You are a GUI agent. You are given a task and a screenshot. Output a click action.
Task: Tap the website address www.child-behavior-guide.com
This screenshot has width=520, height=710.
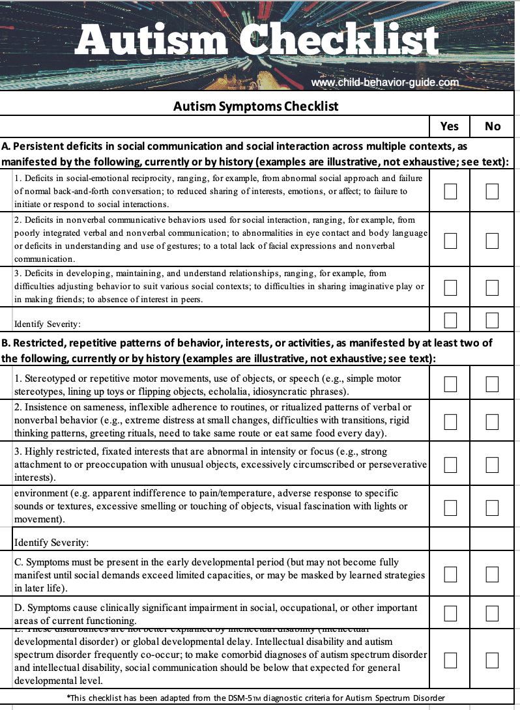385,83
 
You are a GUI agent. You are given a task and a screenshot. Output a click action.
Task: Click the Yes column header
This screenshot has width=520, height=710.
450,126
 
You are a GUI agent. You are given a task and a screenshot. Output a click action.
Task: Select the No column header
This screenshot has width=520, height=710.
493,126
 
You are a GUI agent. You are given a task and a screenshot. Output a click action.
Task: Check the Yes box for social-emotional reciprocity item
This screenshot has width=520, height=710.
450,191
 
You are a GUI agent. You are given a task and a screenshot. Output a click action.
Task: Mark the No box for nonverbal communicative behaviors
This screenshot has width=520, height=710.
492,240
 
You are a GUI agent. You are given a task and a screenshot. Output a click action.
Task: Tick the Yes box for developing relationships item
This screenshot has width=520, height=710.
450,287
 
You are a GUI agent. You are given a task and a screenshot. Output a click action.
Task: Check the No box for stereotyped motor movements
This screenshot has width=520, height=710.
492,384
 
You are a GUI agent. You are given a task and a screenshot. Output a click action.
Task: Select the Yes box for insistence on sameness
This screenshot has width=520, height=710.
450,422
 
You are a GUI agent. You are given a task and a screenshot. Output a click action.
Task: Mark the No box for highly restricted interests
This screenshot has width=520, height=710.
492,464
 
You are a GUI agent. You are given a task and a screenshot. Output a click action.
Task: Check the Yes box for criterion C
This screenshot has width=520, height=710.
450,574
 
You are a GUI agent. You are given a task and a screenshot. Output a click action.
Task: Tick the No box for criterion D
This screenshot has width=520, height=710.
492,614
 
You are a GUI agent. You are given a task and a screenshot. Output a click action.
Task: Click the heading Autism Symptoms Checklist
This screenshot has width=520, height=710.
255,106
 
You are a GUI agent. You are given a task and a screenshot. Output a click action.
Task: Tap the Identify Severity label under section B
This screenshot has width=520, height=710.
51,542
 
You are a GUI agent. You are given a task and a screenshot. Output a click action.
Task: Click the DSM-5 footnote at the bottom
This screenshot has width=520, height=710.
255,698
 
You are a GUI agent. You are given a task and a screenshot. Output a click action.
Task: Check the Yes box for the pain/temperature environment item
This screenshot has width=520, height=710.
450,506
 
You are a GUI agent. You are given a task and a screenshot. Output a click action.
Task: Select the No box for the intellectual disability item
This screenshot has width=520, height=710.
492,660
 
